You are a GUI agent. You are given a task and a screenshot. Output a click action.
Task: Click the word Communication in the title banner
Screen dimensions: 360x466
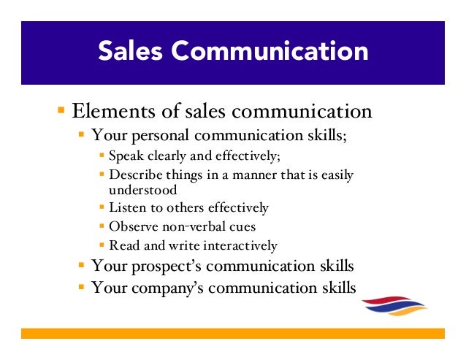[274, 52]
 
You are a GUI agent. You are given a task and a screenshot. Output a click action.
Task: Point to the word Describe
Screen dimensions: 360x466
[133, 175]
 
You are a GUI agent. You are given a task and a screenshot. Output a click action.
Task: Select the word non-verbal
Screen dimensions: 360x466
[187, 226]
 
